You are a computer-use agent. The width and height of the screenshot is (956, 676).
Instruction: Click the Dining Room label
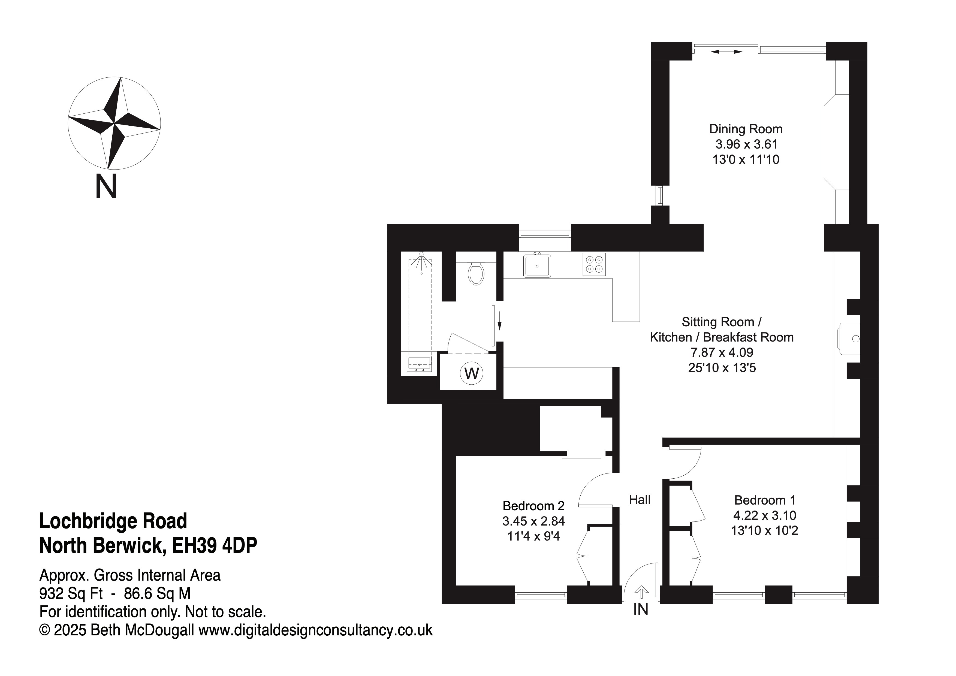[746, 129]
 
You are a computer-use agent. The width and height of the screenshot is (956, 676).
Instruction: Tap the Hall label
[640, 500]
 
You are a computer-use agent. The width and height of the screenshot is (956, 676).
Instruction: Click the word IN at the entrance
[641, 609]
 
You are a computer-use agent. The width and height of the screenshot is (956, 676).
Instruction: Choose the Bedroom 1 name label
[765, 500]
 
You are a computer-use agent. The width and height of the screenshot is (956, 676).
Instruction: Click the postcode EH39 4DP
[215, 545]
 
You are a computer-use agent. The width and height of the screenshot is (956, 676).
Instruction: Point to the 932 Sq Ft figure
[71, 593]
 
